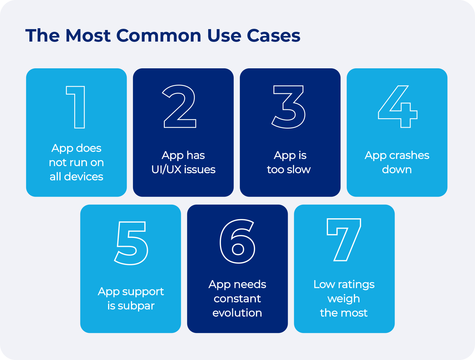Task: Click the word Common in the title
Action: [159, 36]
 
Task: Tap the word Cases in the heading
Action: [273, 36]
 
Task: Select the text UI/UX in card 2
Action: [166, 169]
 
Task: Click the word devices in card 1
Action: [83, 176]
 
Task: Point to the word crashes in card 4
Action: [409, 155]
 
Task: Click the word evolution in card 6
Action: [237, 313]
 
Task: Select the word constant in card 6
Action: [237, 299]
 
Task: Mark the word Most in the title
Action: [88, 36]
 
